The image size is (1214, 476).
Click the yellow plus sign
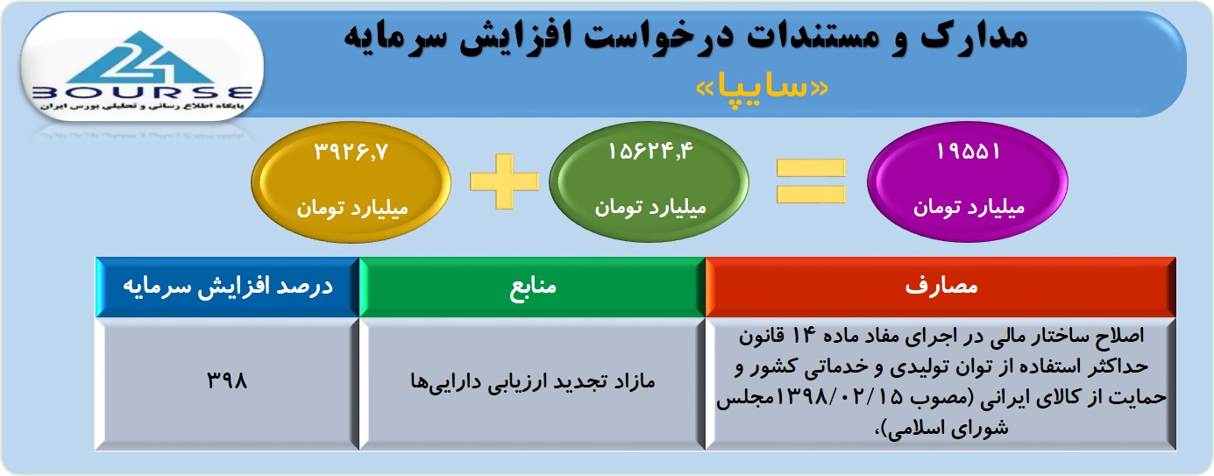point(504,181)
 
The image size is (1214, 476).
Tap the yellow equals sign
point(811,181)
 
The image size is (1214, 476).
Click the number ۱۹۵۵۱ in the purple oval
point(968,152)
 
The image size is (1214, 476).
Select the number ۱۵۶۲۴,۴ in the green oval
point(650,152)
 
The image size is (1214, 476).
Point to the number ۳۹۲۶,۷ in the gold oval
point(351,152)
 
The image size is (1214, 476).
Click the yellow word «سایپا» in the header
point(762,88)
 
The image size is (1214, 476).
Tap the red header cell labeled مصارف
point(941,287)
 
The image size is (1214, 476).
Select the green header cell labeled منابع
point(532,287)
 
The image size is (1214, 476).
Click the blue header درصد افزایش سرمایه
point(227,287)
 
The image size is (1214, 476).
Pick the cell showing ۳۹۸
point(227,384)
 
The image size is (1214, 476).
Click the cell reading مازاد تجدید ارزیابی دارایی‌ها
point(532,384)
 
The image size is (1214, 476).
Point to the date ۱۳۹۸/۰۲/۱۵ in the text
point(840,398)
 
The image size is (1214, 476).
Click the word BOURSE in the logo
point(142,93)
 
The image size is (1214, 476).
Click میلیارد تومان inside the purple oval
point(969,208)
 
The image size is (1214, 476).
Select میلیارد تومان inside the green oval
point(650,208)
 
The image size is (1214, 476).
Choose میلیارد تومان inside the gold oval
point(351,208)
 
